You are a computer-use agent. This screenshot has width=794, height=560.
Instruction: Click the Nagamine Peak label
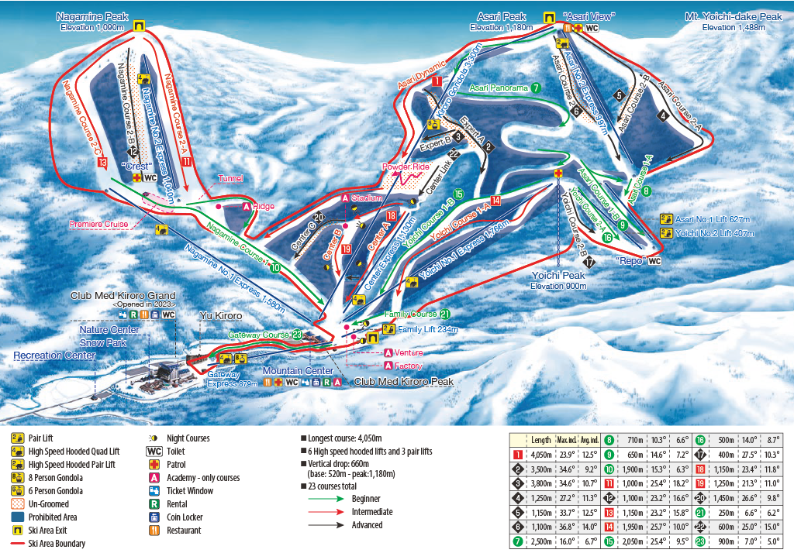[91, 16]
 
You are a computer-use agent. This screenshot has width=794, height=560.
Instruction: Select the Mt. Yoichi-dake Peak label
[734, 16]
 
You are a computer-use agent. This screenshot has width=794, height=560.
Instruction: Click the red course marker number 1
[437, 81]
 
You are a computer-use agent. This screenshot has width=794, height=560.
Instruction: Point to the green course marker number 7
[536, 88]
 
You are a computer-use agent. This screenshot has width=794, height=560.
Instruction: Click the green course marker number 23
[297, 335]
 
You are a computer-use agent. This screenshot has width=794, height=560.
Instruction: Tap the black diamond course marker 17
[590, 262]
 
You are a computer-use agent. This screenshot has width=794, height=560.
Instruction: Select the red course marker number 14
[495, 200]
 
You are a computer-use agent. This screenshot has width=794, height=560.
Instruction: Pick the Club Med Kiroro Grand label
[123, 295]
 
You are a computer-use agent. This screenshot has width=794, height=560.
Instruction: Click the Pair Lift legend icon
[16, 438]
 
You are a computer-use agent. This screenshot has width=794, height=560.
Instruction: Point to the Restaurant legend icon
[16, 531]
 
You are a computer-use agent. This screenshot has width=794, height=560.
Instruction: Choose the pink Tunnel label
[230, 178]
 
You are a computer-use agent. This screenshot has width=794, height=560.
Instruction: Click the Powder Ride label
[403, 167]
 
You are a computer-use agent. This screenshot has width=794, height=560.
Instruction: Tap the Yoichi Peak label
[558, 275]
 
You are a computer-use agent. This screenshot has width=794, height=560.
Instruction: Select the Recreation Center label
[54, 355]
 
